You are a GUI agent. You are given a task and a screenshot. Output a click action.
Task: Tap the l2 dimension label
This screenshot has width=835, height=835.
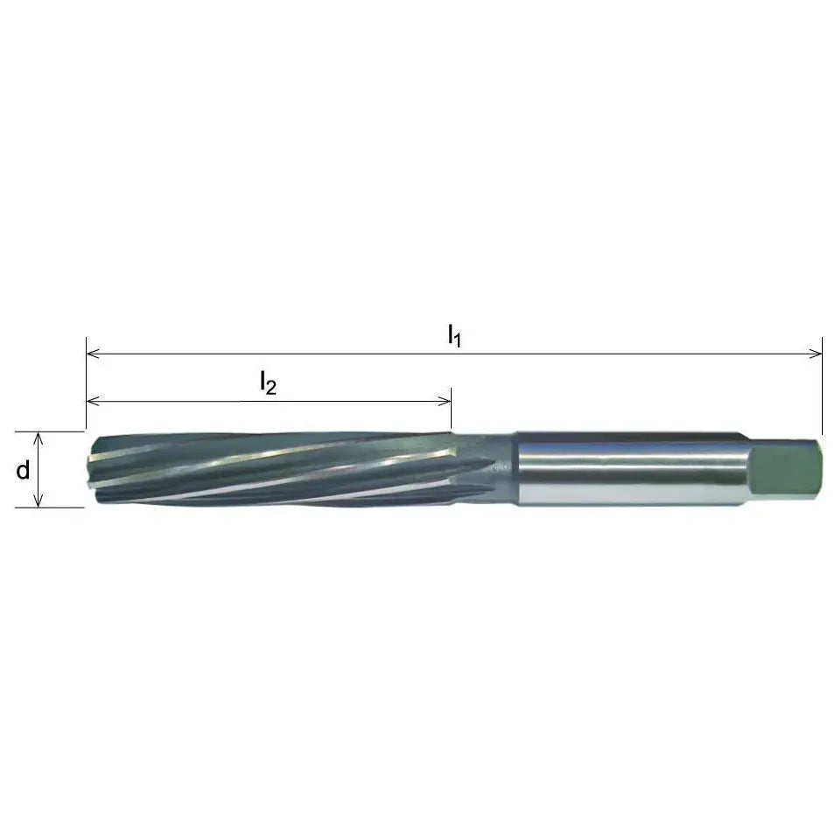click(267, 382)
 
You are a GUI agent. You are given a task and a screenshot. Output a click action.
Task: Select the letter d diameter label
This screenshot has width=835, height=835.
click(24, 470)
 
